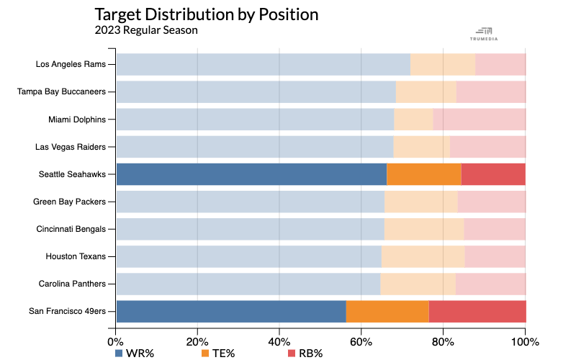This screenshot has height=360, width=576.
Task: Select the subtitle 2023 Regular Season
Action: point(145,30)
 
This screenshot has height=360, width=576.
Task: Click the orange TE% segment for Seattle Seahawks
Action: point(423,174)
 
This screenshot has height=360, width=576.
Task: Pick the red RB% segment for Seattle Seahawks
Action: point(493,174)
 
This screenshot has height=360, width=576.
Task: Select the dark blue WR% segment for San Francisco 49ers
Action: point(231,311)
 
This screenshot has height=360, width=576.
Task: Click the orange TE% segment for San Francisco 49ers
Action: point(387,311)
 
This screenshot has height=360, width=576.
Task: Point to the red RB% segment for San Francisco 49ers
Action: point(477,311)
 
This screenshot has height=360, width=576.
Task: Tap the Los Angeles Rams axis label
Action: point(71,64)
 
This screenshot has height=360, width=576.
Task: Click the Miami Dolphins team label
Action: point(76,119)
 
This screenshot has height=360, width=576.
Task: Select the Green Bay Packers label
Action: point(71,202)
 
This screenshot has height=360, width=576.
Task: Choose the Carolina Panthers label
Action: point(73,284)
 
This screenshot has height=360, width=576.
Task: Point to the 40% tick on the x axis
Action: point(279,341)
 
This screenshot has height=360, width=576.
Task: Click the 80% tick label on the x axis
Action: point(443,341)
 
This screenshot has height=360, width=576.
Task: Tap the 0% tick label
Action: point(115,341)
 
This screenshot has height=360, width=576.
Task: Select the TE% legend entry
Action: point(219,353)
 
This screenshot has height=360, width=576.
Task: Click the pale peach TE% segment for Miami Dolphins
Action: point(413,119)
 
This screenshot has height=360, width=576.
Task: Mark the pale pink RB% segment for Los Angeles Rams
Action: point(500,64)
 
